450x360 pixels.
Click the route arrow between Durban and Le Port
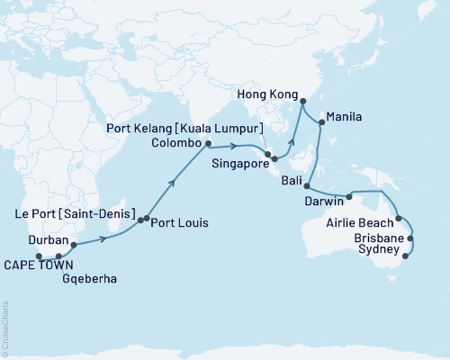click(x=106, y=238)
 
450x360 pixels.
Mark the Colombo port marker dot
click(x=208, y=143)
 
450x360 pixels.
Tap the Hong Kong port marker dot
click(x=301, y=101)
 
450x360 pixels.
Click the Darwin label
click(x=324, y=200)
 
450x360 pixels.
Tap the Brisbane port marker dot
click(x=411, y=238)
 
